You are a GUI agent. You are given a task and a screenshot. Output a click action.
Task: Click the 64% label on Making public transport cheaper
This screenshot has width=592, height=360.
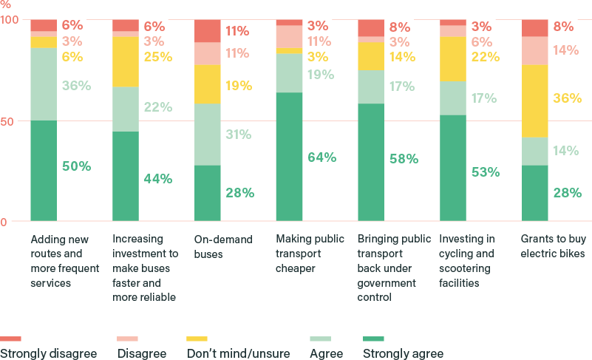pyautogui.click(x=321, y=157)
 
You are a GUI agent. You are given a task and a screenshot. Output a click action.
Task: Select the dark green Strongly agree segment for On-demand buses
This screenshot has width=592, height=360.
pyautogui.click(x=207, y=193)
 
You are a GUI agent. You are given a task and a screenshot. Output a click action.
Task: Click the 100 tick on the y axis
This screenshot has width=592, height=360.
pyautogui.click(x=10, y=19)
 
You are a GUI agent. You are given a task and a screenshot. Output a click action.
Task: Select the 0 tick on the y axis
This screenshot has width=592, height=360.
pyautogui.click(x=4, y=222)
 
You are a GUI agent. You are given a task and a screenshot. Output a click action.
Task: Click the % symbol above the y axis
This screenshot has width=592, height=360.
pyautogui.click(x=5, y=4)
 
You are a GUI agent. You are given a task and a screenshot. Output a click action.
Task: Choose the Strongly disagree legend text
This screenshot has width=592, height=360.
pyautogui.click(x=48, y=353)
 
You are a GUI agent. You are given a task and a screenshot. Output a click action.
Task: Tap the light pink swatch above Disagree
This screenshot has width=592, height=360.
pyautogui.click(x=132, y=339)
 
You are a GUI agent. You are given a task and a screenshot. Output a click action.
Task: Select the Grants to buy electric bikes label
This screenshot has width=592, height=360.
pyautogui.click(x=553, y=246)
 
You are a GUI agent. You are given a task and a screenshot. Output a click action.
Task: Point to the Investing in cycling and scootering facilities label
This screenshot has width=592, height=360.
pyautogui.click(x=467, y=261)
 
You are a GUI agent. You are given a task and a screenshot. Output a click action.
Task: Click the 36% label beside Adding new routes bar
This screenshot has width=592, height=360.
pyautogui.click(x=76, y=85)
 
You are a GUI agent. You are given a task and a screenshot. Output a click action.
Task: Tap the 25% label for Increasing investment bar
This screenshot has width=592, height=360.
pyautogui.click(x=157, y=56)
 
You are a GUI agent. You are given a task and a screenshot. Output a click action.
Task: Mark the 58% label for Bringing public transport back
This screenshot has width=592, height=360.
pyautogui.click(x=404, y=158)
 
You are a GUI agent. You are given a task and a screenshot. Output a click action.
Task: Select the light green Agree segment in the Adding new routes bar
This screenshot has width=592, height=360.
pyautogui.click(x=44, y=84)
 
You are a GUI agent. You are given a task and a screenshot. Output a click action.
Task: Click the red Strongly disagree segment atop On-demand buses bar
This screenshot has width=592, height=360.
pyautogui.click(x=207, y=30)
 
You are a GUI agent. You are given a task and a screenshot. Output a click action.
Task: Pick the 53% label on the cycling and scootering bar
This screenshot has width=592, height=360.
pyautogui.click(x=485, y=171)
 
